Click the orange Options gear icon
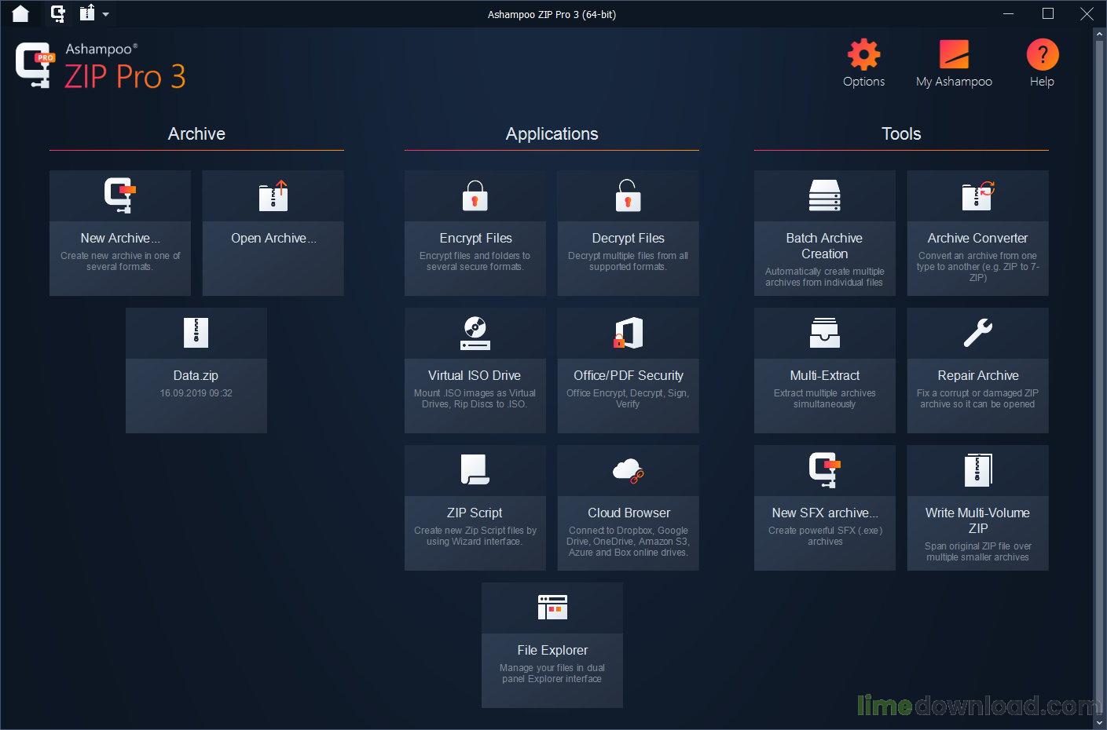[x=863, y=55]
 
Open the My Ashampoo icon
[x=954, y=55]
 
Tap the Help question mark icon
[x=1042, y=55]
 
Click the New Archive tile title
[x=119, y=238]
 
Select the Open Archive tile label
[x=273, y=238]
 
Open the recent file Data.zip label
[x=196, y=375]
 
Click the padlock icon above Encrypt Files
[x=475, y=196]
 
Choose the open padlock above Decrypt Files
[x=628, y=195]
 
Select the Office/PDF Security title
[x=628, y=375]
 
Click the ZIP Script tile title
[x=475, y=513]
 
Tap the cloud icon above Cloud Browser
[x=628, y=470]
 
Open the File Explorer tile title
[x=552, y=650]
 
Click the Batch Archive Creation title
[x=824, y=246]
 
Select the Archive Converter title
[x=977, y=238]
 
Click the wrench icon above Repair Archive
[x=977, y=333]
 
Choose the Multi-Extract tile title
[x=824, y=375]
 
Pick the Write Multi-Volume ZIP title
[x=977, y=520]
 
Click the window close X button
[x=1087, y=14]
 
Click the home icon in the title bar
[x=20, y=13]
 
